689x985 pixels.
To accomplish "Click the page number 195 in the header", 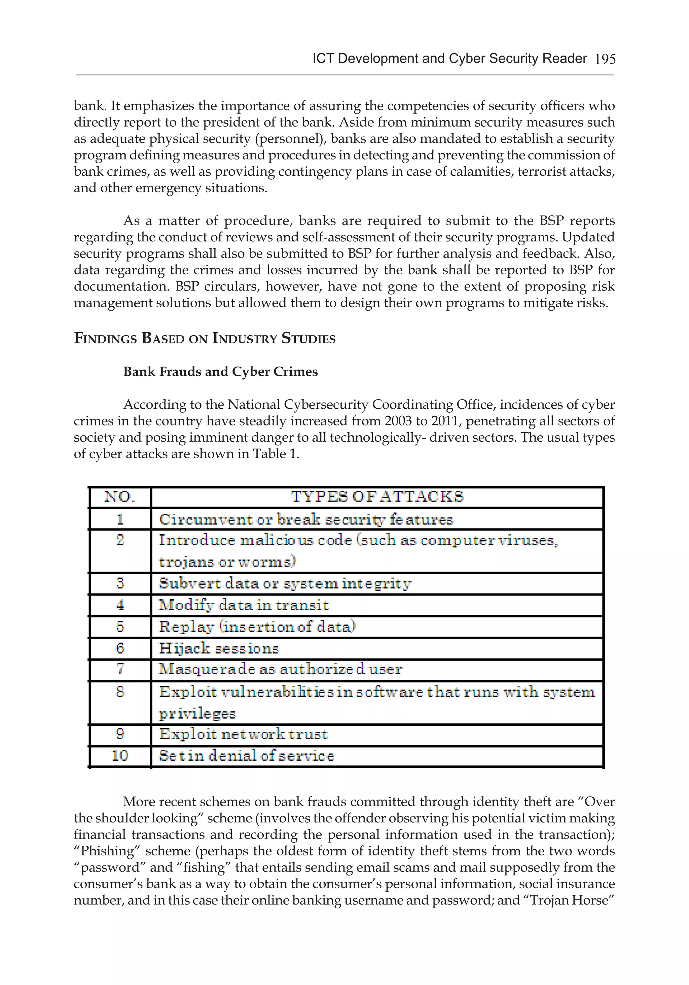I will pos(605,59).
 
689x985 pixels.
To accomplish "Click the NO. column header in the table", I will pos(120,497).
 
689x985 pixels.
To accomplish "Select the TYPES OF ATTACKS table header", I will pos(377,497).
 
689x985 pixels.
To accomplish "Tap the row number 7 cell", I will pos(120,669).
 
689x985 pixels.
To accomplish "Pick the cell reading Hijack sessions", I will pos(219,648).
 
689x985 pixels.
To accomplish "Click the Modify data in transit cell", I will pos(244,605).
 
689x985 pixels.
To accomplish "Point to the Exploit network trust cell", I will pos(243,734).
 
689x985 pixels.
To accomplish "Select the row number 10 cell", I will pos(120,755).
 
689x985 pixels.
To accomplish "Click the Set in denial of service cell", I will pos(246,755).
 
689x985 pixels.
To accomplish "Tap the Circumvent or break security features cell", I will pos(306,519).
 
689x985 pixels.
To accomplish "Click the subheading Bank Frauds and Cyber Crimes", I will pos(220,372).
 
